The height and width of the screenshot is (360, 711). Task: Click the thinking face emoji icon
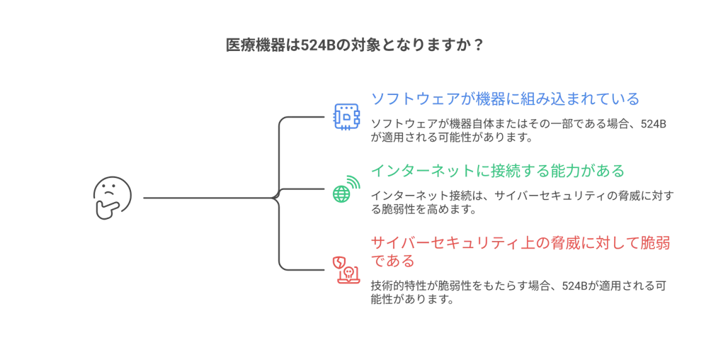113,198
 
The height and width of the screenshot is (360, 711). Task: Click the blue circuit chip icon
346,117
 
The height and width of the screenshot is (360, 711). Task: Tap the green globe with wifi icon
346,189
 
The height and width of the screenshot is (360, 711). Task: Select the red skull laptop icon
346,271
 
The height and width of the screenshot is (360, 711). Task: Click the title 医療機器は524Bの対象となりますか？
355,45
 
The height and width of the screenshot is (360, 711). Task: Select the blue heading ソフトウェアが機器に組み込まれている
505,99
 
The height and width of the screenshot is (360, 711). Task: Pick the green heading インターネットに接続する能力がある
498,171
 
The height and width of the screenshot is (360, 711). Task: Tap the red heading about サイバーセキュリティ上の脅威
521,252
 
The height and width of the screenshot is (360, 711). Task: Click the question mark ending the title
477,45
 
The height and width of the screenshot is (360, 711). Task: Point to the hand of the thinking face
107,210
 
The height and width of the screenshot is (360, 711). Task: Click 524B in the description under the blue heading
653,124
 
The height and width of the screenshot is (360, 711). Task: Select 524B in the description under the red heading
574,286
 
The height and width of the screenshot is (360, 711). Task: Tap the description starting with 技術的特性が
518,293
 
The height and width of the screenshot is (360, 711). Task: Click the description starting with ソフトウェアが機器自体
518,130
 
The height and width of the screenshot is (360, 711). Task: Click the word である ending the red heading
393,261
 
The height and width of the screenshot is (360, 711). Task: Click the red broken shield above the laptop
339,264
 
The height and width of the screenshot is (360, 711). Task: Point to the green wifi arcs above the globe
353,182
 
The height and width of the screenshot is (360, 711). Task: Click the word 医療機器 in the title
255,45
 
